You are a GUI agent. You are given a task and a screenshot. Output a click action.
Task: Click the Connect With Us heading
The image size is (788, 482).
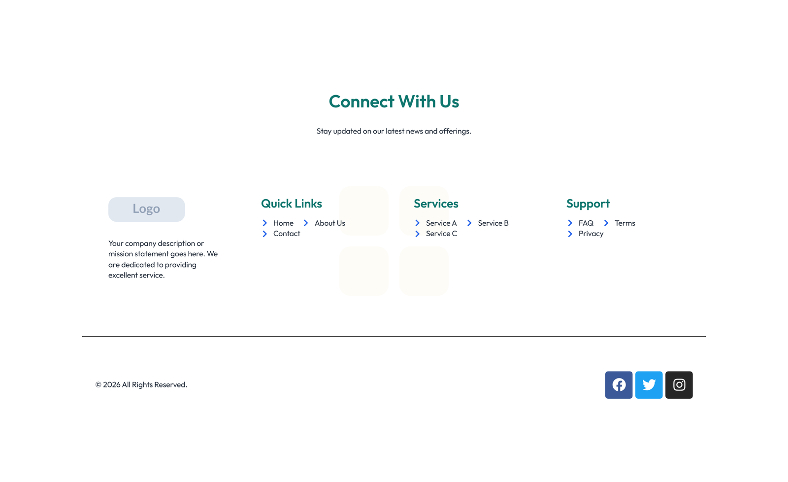(x=394, y=102)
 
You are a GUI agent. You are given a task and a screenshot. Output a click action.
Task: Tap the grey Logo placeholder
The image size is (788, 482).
(x=146, y=209)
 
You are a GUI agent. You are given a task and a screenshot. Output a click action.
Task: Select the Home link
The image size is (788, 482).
(x=283, y=223)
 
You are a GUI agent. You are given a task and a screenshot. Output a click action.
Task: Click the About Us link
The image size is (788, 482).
(x=329, y=223)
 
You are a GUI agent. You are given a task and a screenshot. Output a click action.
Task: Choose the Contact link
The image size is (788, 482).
(x=286, y=234)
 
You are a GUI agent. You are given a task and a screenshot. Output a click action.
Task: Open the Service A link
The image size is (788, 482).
(x=441, y=223)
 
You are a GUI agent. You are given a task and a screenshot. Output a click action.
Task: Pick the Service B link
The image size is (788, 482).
(x=493, y=223)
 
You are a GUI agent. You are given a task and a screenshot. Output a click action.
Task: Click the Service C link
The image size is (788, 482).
(x=441, y=234)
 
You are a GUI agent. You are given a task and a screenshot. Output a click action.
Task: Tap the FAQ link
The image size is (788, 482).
(x=586, y=223)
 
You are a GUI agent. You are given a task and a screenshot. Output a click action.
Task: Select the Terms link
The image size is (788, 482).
(x=624, y=223)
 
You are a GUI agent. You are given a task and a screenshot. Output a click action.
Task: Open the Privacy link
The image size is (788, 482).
(x=591, y=234)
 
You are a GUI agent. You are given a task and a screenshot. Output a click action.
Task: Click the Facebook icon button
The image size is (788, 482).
(x=619, y=385)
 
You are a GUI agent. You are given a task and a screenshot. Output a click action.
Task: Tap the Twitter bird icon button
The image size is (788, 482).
(x=649, y=385)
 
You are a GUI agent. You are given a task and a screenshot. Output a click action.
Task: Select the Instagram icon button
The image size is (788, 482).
(x=679, y=385)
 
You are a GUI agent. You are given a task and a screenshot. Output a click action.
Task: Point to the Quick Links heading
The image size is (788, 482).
(x=291, y=204)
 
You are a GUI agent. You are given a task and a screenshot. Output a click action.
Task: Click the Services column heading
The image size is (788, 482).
(x=436, y=204)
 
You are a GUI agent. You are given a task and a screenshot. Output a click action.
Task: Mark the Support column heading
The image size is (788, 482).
(x=588, y=204)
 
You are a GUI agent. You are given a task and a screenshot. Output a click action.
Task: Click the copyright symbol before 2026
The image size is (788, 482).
(x=98, y=385)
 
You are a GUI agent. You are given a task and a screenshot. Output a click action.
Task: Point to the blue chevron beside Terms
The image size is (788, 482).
(x=606, y=223)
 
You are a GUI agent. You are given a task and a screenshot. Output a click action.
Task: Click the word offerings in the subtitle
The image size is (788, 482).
(x=455, y=131)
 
